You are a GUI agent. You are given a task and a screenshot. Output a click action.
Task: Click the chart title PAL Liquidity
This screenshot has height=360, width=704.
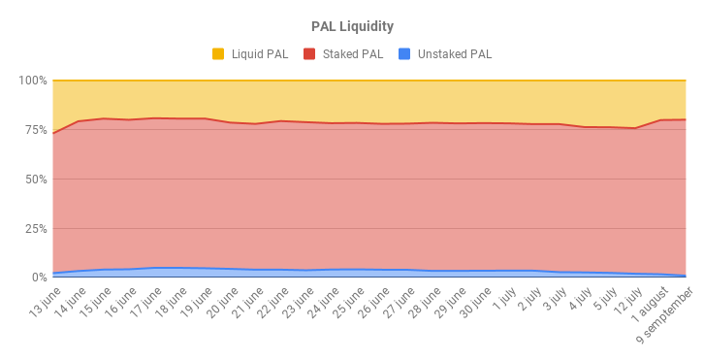[x=352, y=26]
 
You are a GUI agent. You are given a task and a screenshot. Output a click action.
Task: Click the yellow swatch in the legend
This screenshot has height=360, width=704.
[x=218, y=54]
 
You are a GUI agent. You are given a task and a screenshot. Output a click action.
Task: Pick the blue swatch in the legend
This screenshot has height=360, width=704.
[x=405, y=54]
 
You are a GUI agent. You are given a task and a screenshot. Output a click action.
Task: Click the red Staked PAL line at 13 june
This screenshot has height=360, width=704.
[x=53, y=133]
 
